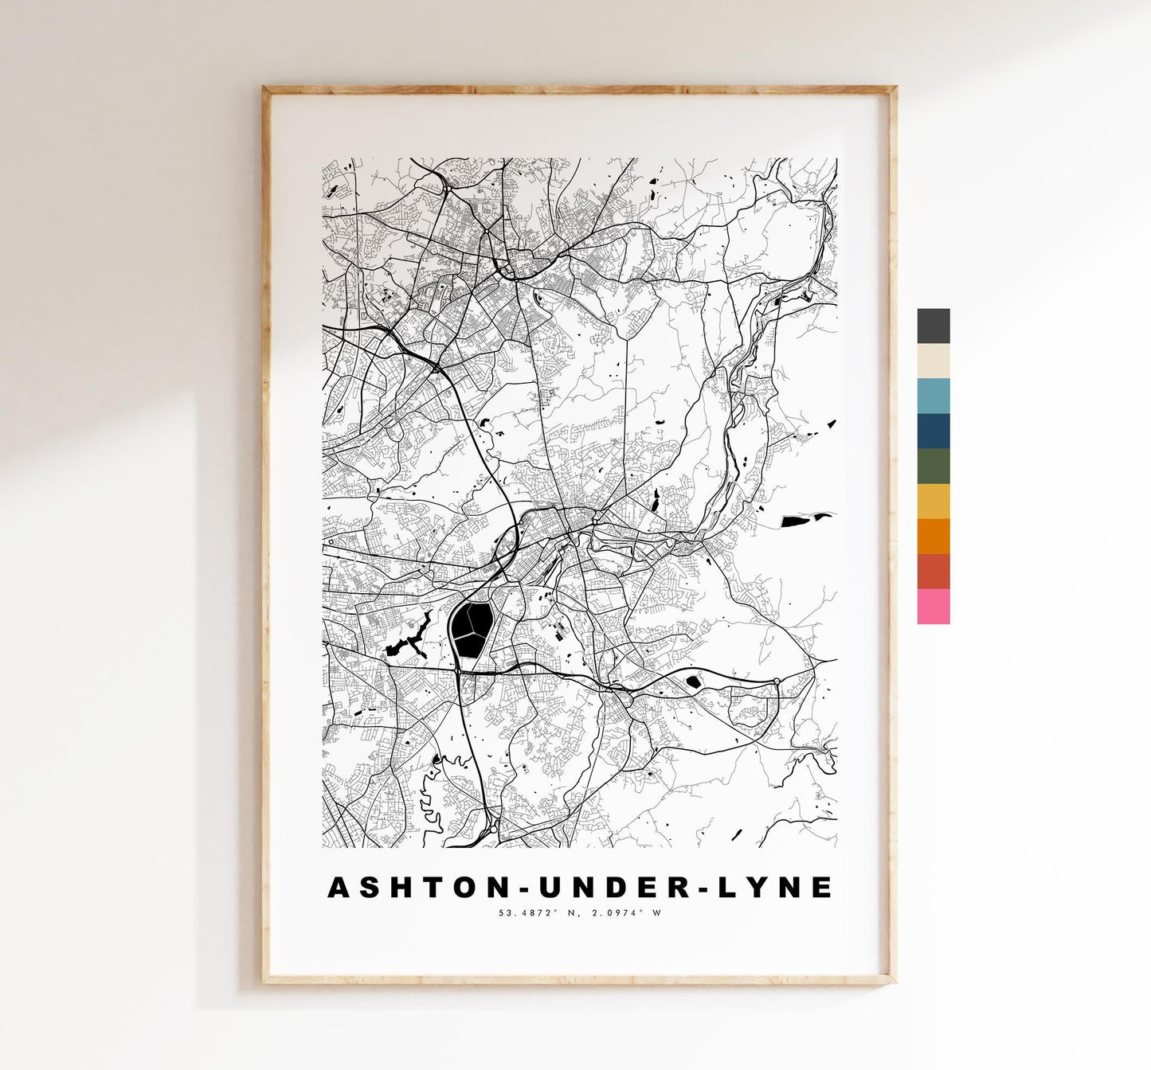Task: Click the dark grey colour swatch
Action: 933,326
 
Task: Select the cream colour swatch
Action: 933,361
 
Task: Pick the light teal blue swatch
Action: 933,396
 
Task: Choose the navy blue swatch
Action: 933,431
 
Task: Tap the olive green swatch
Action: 933,466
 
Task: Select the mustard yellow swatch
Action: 933,501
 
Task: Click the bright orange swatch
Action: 933,536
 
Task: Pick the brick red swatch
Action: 933,571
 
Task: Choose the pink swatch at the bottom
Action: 933,606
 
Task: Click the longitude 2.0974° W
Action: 625,913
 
